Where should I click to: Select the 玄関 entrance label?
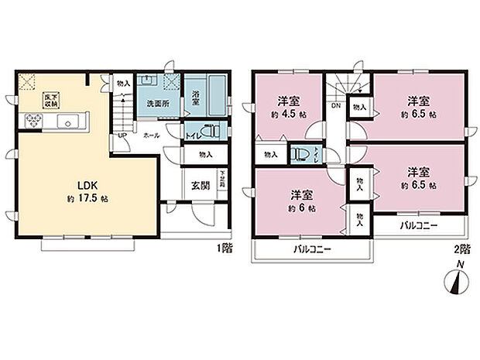point(197,187)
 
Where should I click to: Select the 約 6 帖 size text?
point(301,208)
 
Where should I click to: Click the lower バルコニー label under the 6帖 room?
point(312,250)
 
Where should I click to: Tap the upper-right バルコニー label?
point(419,225)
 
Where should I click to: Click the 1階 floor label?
point(225,248)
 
